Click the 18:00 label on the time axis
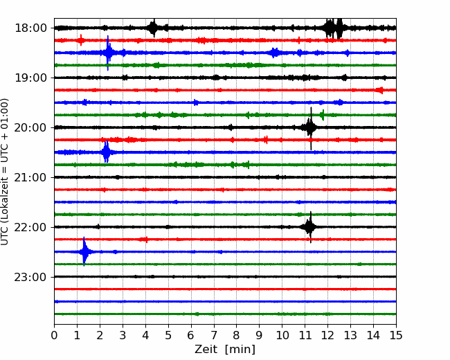click(30, 28)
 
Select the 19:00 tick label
click(30, 78)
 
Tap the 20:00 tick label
click(30, 127)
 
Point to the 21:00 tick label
click(30, 177)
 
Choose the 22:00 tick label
click(30, 227)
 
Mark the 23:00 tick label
click(30, 277)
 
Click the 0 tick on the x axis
click(54, 335)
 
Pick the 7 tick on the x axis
click(214, 335)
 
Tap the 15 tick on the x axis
click(396, 335)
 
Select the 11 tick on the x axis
click(305, 335)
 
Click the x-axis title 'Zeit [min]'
click(225, 350)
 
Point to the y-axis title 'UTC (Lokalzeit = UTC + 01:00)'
click(4, 172)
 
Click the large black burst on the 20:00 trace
click(310, 127)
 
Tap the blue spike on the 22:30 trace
click(84, 252)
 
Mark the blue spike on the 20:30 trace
click(106, 152)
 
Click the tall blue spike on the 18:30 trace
click(108, 53)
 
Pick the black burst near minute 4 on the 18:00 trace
click(154, 28)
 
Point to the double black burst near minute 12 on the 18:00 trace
click(334, 28)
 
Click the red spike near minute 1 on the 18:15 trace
click(81, 40)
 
